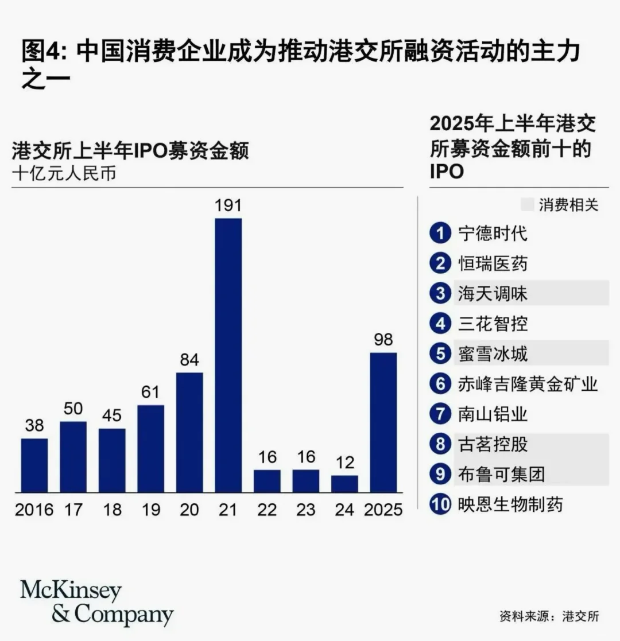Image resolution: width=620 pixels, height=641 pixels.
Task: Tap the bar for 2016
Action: click(34, 465)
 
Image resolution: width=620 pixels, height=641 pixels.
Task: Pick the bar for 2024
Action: click(344, 484)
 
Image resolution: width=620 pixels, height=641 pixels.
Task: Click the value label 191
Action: click(228, 205)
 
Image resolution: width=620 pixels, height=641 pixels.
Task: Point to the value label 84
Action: click(189, 360)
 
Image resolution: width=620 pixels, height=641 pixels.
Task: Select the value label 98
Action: click(383, 340)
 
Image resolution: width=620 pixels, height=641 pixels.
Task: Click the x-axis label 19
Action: click(150, 510)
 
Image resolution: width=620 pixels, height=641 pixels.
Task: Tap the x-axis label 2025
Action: click(383, 510)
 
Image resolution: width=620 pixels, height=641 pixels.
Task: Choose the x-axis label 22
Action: click(267, 510)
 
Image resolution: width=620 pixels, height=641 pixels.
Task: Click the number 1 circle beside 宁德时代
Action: click(440, 234)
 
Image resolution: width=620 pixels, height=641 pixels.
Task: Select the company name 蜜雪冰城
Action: click(493, 353)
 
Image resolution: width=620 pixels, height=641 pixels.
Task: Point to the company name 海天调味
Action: click(493, 294)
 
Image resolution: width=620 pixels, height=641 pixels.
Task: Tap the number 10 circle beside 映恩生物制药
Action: click(440, 504)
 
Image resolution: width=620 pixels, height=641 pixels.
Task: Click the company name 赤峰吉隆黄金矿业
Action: click(528, 384)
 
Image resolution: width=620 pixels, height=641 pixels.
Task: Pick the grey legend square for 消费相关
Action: click(527, 205)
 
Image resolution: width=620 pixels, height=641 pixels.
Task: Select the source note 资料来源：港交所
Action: click(549, 616)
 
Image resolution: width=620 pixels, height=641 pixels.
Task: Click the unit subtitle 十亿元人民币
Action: click(64, 174)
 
